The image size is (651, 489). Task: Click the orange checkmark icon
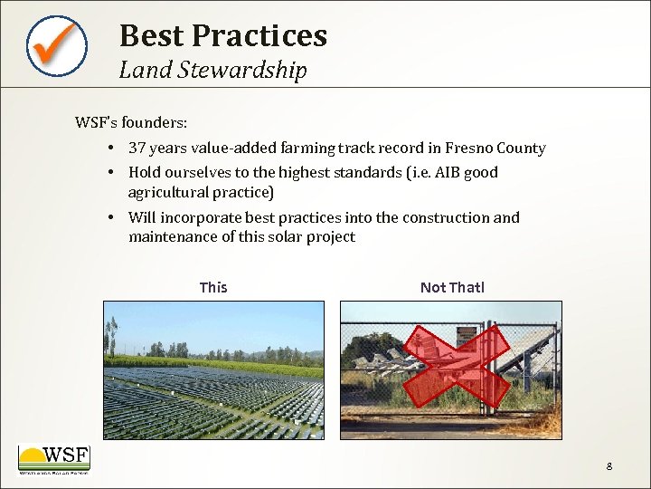(56, 44)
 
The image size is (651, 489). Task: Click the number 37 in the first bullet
(137, 148)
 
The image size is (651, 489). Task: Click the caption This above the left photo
(213, 287)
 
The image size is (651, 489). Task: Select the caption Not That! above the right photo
(452, 287)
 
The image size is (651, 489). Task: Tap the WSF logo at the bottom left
(54, 458)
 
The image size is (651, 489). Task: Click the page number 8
(609, 466)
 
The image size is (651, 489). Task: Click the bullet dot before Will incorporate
(108, 217)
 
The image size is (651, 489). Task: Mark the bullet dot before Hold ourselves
(108, 172)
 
